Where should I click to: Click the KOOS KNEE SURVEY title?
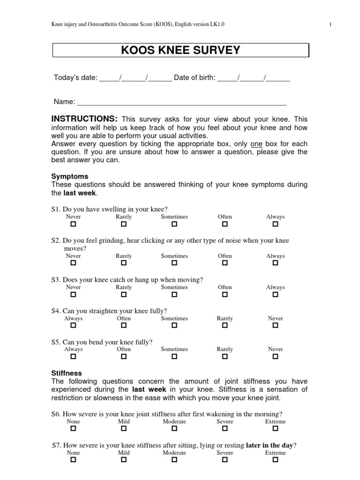180,50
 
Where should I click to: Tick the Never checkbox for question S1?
73,225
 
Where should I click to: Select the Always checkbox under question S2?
275,263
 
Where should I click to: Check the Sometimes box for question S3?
174,295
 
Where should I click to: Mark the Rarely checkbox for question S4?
225,326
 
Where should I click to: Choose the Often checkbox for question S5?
124,357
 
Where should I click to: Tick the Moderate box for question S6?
174,429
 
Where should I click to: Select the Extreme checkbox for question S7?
275,460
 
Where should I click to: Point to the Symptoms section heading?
69,176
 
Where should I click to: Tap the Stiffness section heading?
66,373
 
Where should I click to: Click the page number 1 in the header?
330,24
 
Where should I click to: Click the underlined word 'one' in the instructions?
256,144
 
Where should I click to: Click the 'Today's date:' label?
75,78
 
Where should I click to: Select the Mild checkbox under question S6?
124,429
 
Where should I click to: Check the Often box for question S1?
225,225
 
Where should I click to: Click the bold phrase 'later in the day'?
271,445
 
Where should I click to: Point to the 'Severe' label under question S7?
225,453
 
